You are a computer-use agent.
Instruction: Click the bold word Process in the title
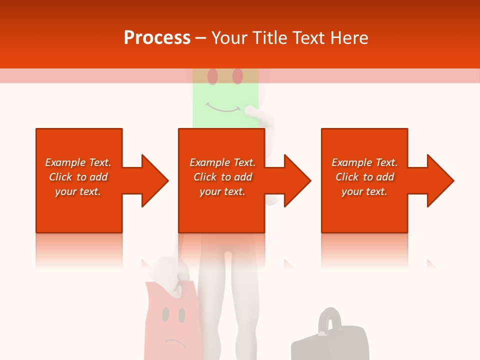pyautogui.click(x=157, y=37)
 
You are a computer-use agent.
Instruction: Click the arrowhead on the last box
pyautogui.click(x=439, y=180)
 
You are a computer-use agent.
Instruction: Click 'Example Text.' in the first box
pyautogui.click(x=78, y=162)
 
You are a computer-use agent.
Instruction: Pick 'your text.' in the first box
pyautogui.click(x=78, y=191)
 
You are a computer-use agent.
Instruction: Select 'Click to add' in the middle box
pyautogui.click(x=222, y=177)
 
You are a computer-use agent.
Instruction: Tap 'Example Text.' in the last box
pyautogui.click(x=364, y=162)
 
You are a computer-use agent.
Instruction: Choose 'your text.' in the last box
pyautogui.click(x=364, y=191)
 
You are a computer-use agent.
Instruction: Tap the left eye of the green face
pyautogui.click(x=212, y=76)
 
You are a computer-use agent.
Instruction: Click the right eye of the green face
pyautogui.click(x=237, y=76)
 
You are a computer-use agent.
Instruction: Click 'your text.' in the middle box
pyautogui.click(x=222, y=191)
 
